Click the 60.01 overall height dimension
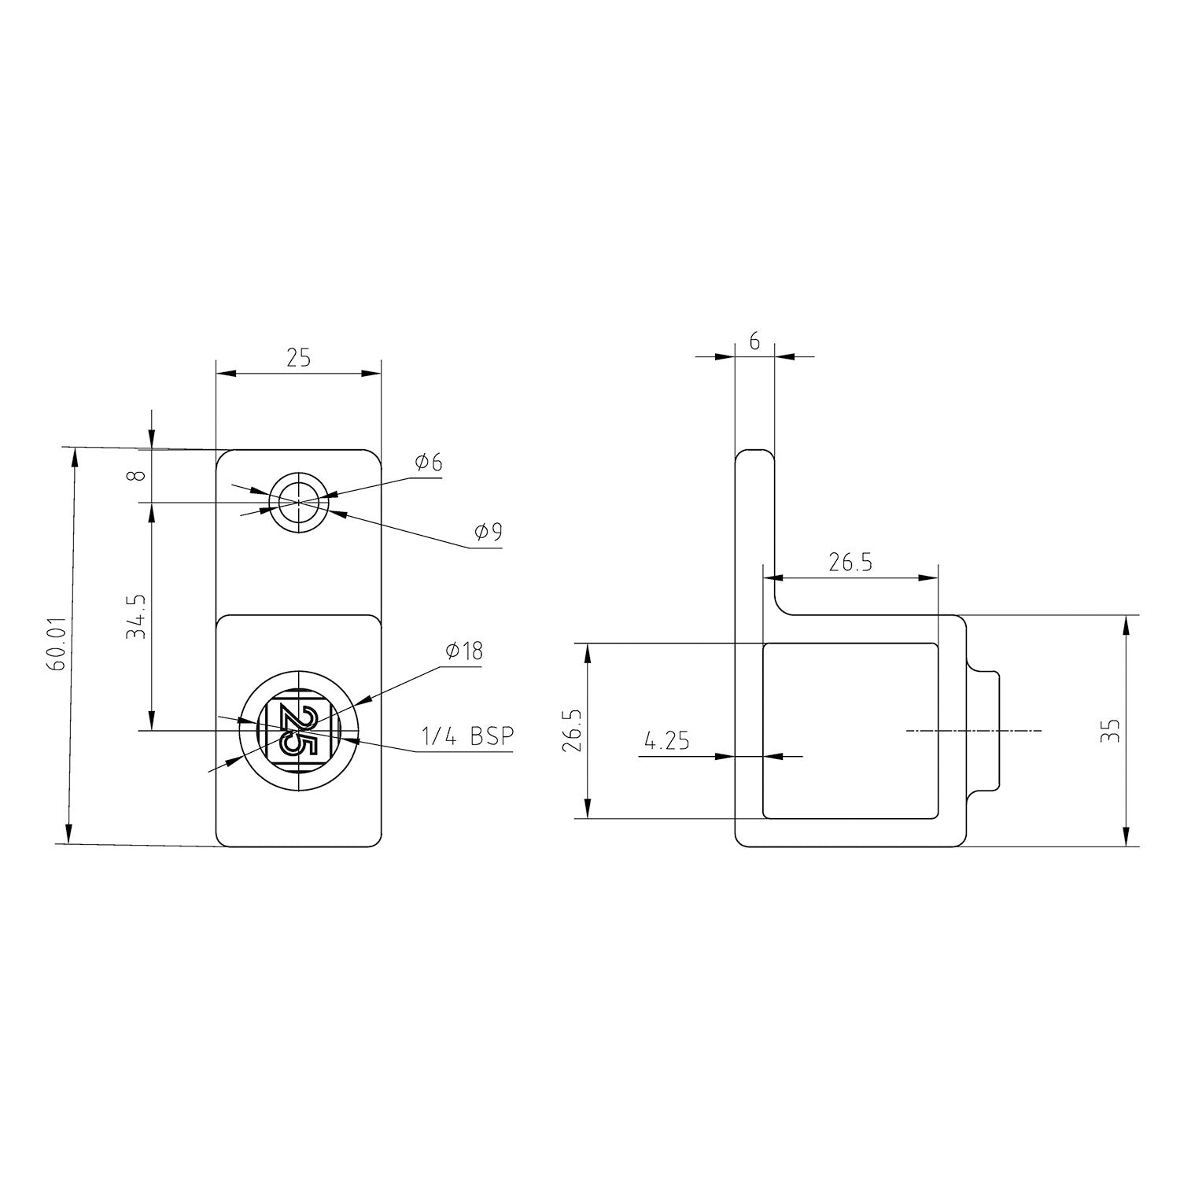[56, 643]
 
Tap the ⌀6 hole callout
[428, 463]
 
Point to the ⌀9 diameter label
[488, 533]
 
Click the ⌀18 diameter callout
[463, 651]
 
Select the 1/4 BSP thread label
[467, 737]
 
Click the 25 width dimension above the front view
[298, 358]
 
